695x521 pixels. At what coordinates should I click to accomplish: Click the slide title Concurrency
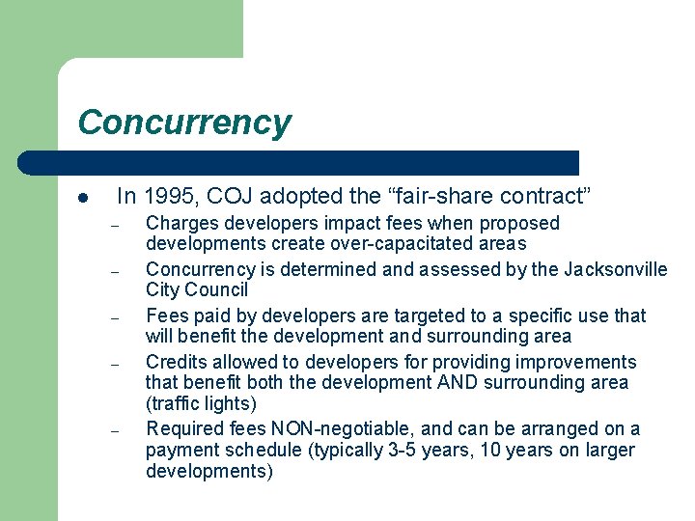(x=183, y=123)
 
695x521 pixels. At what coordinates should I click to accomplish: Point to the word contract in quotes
(x=547, y=197)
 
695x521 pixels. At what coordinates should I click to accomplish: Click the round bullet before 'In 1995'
(x=84, y=199)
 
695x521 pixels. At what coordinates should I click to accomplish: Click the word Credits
(x=177, y=362)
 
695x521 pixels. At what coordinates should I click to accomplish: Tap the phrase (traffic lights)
(x=201, y=402)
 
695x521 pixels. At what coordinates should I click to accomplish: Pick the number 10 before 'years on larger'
(x=474, y=450)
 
